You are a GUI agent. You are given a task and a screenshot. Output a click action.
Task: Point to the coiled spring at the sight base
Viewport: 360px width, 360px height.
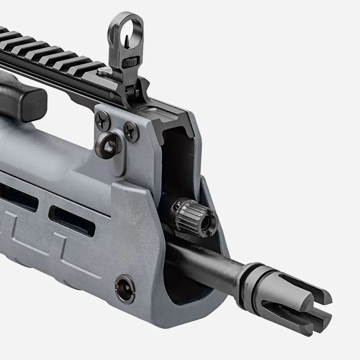click(x=130, y=92)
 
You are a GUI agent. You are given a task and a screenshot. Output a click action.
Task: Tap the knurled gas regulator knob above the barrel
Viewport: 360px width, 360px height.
click(x=193, y=216)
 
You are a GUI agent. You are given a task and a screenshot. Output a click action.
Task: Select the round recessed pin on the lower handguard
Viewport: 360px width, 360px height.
click(x=125, y=289)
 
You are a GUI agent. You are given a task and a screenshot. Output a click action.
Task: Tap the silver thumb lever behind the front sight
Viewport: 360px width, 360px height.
click(x=103, y=71)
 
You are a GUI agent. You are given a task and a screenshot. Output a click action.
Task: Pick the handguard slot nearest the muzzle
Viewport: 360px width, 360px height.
click(x=72, y=221)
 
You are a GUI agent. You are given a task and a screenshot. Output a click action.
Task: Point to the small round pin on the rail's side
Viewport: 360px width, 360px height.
click(x=111, y=95)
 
